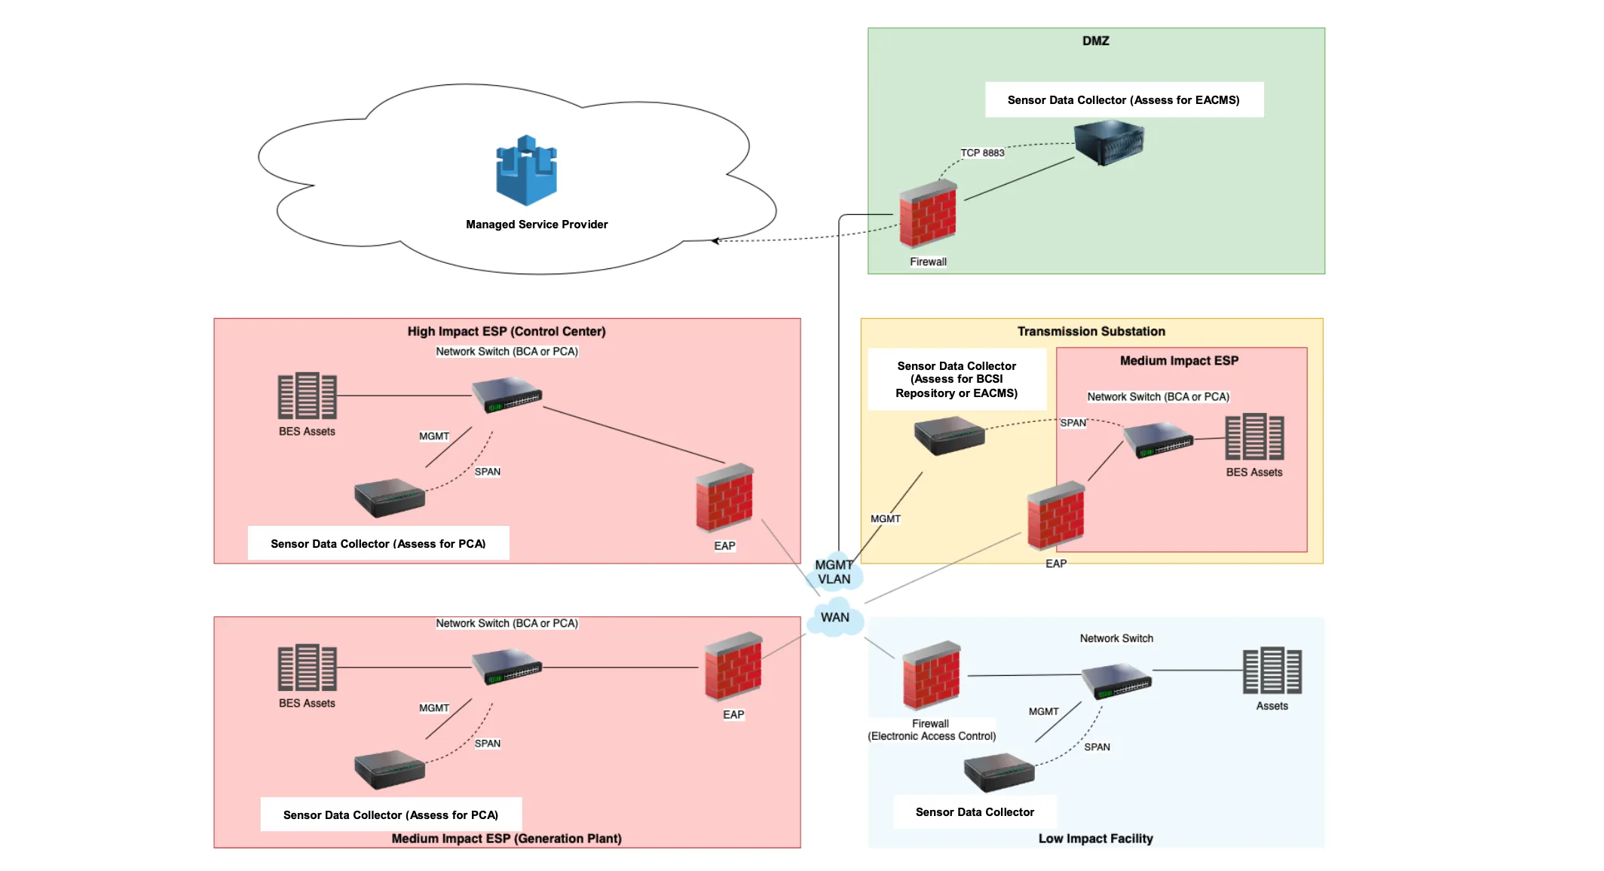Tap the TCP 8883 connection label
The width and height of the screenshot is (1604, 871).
coord(981,153)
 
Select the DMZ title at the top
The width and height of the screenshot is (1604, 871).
coord(1095,41)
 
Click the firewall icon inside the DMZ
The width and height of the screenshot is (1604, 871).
coord(928,215)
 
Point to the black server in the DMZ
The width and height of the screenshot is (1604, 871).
coord(1109,142)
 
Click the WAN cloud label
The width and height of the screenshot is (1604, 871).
coord(834,618)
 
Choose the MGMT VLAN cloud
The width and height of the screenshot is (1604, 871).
coord(834,573)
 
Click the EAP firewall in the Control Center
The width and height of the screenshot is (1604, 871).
coord(724,498)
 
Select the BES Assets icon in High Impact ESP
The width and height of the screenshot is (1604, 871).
coord(307,396)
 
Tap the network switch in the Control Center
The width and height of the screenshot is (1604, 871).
coord(507,395)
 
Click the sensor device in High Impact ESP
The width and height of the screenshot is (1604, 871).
coord(390,497)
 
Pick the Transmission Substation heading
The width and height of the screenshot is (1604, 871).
coord(1091,332)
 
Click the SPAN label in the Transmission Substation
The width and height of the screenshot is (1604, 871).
coord(1073,423)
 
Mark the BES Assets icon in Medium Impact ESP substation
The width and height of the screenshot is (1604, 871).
coord(1254,437)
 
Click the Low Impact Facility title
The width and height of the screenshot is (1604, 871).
coord(1095,839)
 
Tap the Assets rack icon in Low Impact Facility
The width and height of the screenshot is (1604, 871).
coord(1272,671)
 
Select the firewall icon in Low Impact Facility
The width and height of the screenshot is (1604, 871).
coord(931,676)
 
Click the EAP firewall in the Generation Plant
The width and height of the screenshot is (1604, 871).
coord(733,667)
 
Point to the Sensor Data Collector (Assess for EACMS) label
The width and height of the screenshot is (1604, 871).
coord(1123,100)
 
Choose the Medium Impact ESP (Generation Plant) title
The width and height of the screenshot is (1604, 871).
coord(507,839)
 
